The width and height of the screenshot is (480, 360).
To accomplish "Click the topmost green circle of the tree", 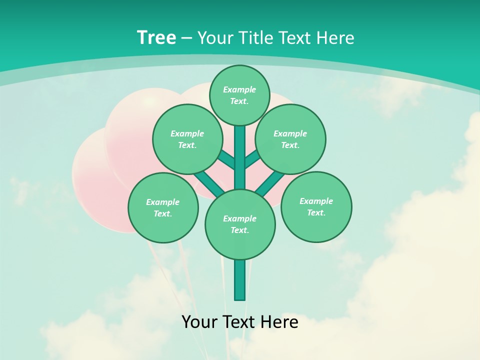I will tap(239, 95).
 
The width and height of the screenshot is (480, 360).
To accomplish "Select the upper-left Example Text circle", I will tap(187, 139).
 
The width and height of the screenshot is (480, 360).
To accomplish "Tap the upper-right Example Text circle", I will tap(290, 139).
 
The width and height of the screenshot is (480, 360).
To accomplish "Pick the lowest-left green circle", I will tap(163, 207).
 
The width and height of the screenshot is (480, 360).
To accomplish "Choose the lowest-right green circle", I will tap(316, 206).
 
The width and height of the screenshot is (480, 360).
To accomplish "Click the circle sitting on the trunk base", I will tap(240, 224).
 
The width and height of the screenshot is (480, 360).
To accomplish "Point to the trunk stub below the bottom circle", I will tap(240, 279).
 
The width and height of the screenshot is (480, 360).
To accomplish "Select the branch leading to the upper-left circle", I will tap(226, 159).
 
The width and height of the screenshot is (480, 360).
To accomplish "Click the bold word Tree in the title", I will tap(156, 37).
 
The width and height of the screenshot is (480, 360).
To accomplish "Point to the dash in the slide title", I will tap(186, 38).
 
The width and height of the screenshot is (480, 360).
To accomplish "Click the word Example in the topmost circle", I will tap(239, 89).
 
